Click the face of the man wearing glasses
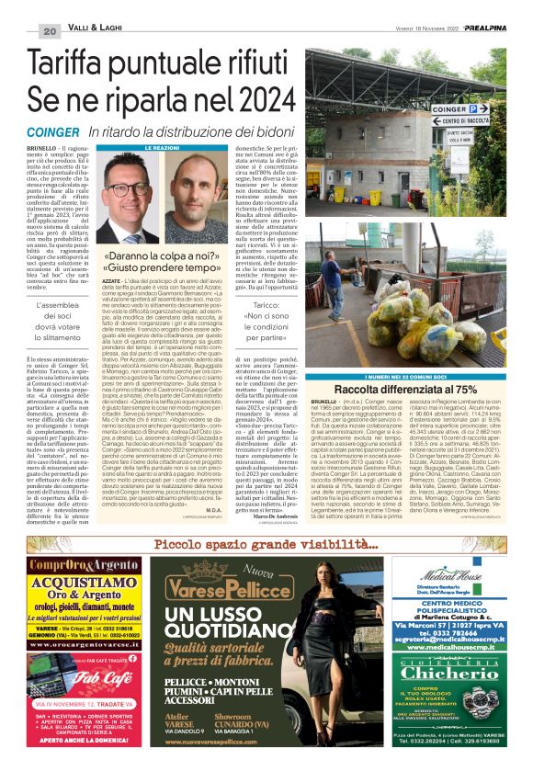[x=137, y=187]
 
